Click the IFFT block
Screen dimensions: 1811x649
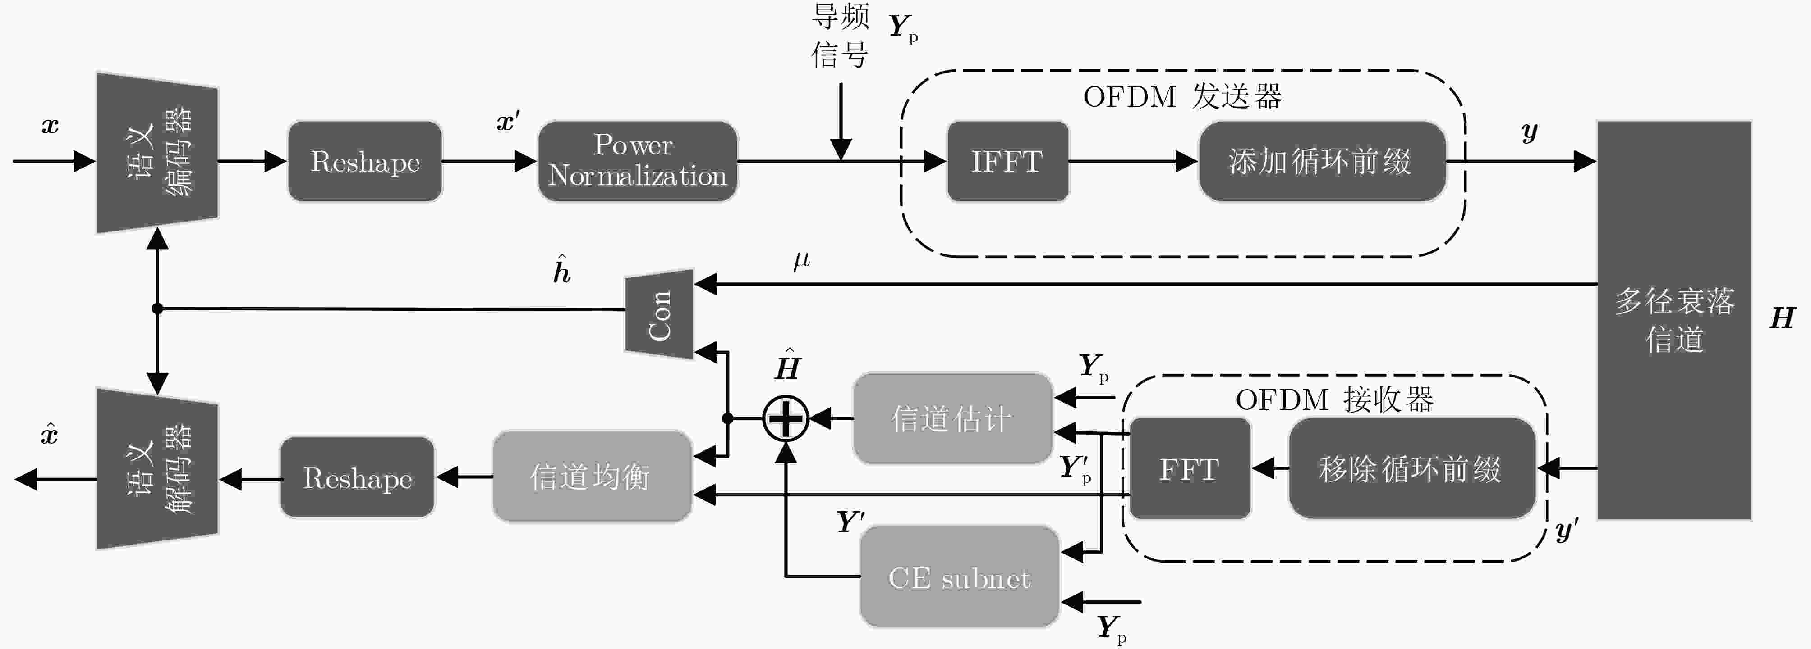click(x=1007, y=162)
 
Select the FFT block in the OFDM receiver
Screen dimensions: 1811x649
click(x=1190, y=468)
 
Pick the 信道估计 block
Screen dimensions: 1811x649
click(x=952, y=418)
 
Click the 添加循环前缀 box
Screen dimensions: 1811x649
click(x=1322, y=162)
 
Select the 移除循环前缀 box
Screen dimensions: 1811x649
click(x=1411, y=468)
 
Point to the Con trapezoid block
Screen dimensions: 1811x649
click(x=659, y=314)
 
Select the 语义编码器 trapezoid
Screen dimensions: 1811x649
click(x=157, y=152)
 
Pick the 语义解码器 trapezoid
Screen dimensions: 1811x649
click(x=157, y=468)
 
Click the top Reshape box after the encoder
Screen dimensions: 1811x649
click(x=365, y=162)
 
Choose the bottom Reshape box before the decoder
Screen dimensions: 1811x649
click(x=357, y=477)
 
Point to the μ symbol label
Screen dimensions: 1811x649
click(x=801, y=261)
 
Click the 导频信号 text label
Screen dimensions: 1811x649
click(x=840, y=35)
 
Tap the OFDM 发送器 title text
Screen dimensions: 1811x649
click(x=1182, y=97)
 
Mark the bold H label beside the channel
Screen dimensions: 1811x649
click(x=1782, y=318)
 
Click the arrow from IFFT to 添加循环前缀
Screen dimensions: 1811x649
click(x=1133, y=162)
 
